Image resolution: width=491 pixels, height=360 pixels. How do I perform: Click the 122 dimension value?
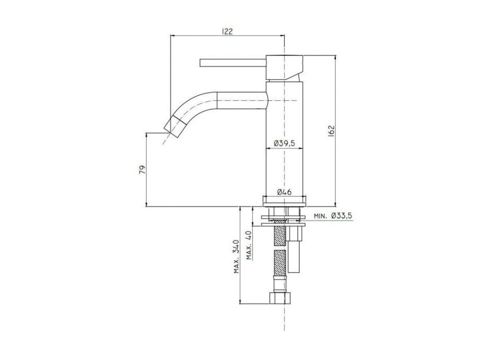click(227, 32)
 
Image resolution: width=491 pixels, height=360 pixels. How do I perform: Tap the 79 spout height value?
click(142, 170)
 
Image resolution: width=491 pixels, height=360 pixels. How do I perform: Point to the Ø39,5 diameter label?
click(285, 144)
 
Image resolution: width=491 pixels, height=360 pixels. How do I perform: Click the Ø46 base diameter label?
click(285, 192)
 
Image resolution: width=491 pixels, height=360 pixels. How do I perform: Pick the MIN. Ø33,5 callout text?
click(333, 216)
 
